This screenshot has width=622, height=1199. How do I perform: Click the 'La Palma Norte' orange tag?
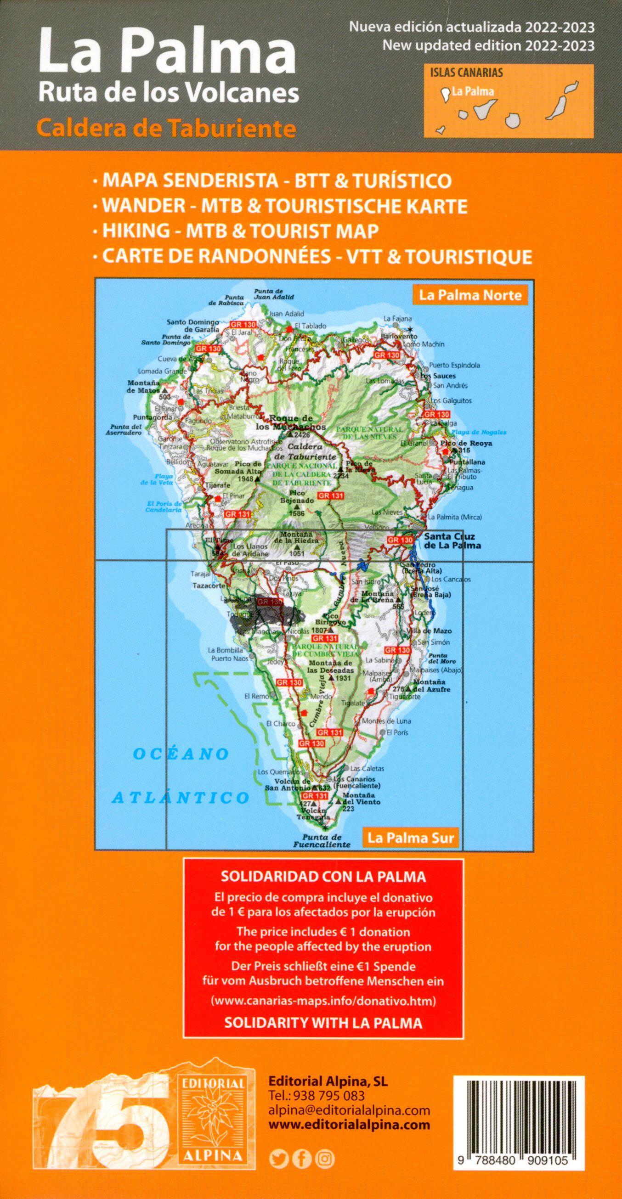(x=470, y=295)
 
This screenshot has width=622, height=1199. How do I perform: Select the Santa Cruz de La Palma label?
(x=452, y=540)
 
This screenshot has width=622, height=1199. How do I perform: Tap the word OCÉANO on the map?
(x=180, y=754)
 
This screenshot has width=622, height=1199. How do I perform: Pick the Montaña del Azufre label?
(x=428, y=685)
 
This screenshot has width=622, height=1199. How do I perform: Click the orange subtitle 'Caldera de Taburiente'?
(x=168, y=129)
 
